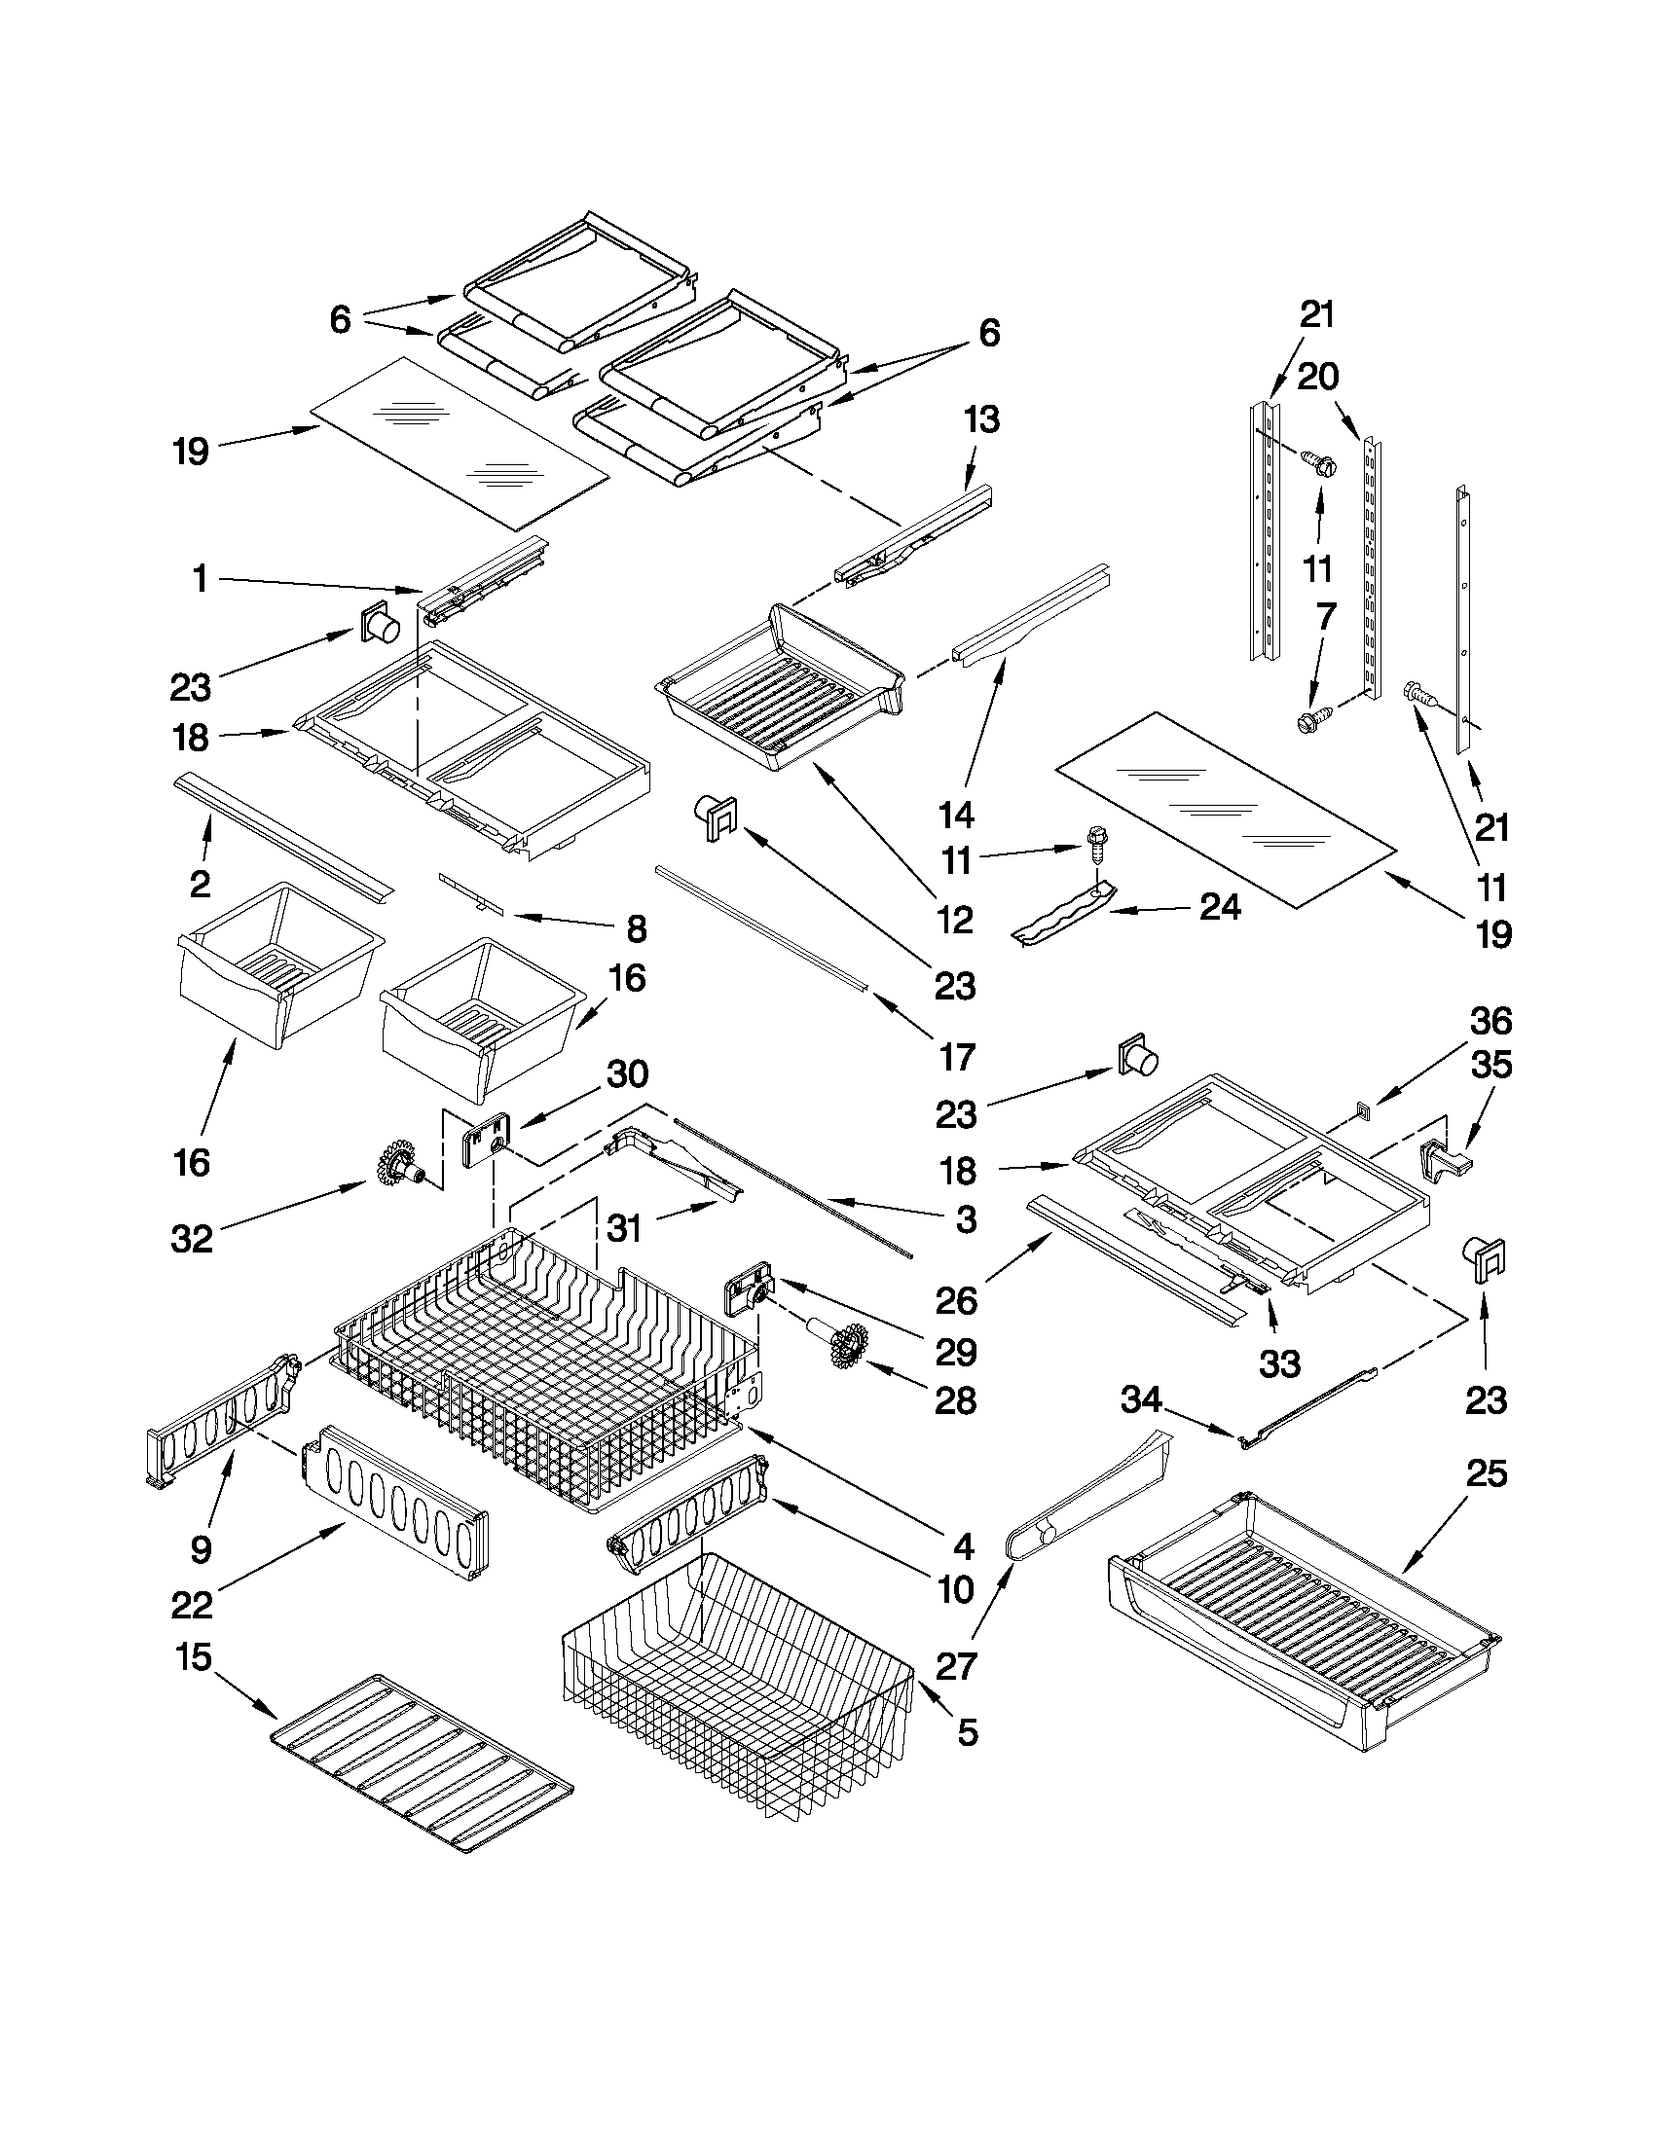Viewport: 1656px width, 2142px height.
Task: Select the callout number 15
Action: coord(194,1657)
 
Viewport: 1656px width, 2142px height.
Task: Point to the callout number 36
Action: coord(1490,1021)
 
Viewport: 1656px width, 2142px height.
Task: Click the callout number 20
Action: coord(1317,376)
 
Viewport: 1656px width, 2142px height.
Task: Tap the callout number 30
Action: coord(627,1074)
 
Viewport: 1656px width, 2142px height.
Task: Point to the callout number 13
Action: coord(981,418)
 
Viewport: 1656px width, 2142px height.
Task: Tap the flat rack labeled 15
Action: coord(422,1762)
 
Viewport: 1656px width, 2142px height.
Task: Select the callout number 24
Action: coord(1220,907)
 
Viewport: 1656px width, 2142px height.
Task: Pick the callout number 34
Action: coord(1143,1399)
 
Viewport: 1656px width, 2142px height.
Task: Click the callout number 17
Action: coord(957,1056)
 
